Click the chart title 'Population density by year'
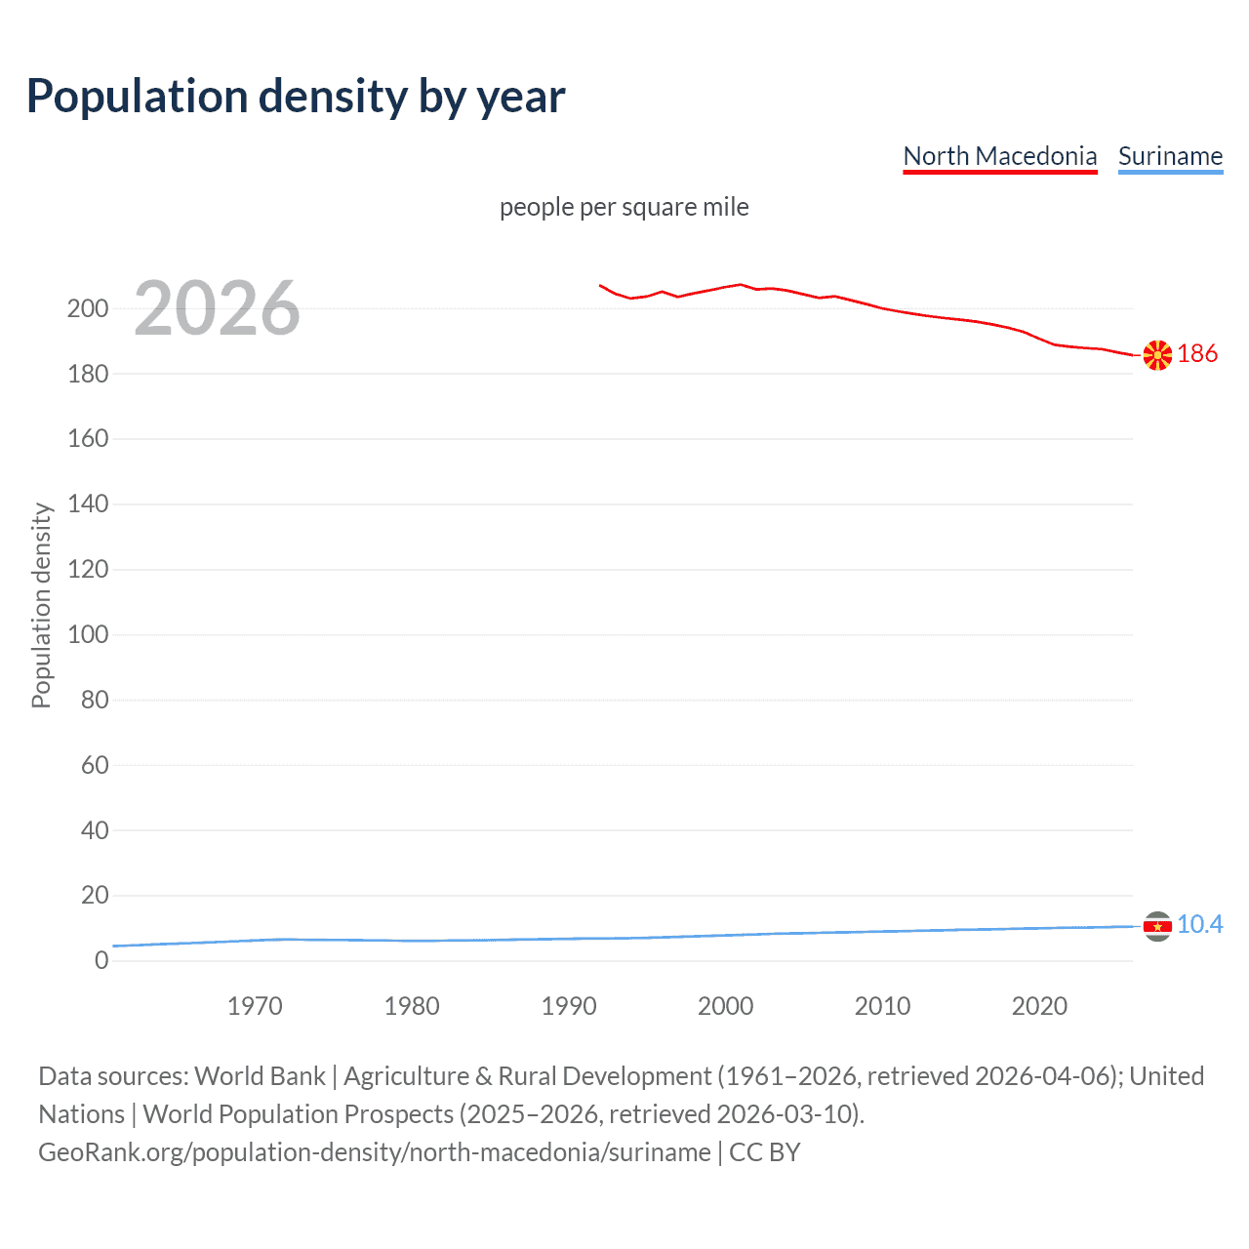point(296,97)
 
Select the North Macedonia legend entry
point(999,156)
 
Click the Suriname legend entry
point(1170,156)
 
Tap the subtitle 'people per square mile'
point(624,208)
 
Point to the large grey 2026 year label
point(217,308)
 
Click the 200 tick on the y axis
point(88,308)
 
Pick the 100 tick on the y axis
point(88,634)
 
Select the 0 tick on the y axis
point(101,960)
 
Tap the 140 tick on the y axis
point(88,504)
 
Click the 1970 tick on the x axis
point(255,1006)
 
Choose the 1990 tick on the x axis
point(569,1006)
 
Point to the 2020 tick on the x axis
point(1039,1006)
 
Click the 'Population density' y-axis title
point(41,605)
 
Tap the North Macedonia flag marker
point(1157,355)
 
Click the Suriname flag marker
point(1157,926)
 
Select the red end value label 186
point(1197,353)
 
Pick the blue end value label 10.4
point(1199,924)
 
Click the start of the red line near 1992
point(600,286)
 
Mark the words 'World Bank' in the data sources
point(260,1076)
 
